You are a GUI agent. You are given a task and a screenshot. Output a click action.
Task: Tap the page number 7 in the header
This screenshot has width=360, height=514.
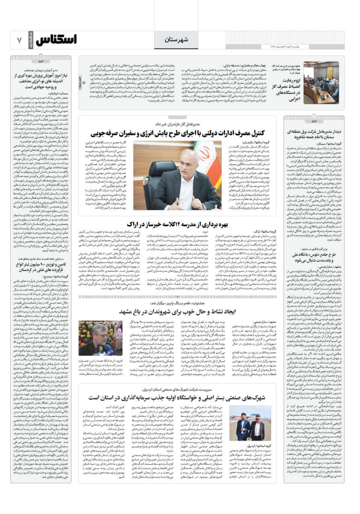point(19,40)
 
